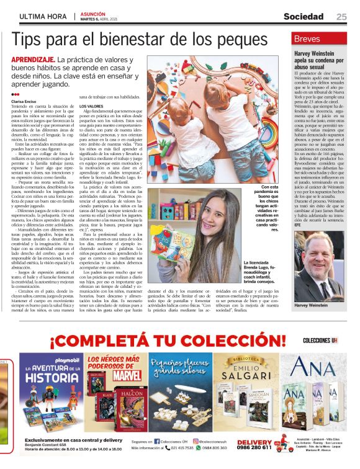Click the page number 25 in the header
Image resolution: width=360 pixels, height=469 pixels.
click(341, 16)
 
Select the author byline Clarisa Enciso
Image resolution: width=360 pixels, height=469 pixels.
click(25, 100)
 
